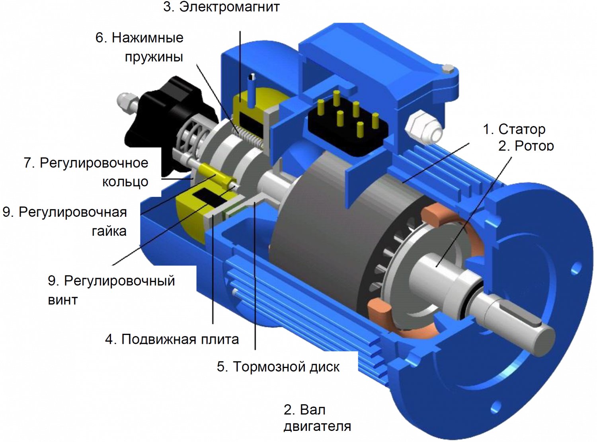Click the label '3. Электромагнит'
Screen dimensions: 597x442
(221, 7)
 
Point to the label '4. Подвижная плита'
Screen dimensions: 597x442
(172, 339)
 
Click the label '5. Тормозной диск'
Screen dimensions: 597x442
(278, 367)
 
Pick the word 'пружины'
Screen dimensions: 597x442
(154, 57)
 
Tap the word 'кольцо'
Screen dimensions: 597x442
(125, 182)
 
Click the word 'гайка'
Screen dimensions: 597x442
(109, 231)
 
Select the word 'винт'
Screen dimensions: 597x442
(63, 300)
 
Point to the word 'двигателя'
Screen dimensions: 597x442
(317, 426)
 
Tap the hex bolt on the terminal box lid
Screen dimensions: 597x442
(447, 69)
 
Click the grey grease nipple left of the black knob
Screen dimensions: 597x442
(127, 102)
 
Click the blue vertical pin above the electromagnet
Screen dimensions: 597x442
(252, 90)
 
